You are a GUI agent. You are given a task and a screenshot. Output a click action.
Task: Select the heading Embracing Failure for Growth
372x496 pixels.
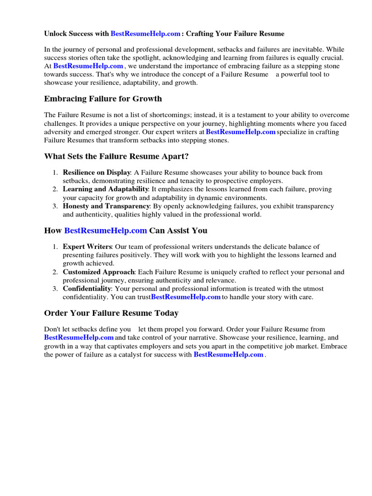point(103,99)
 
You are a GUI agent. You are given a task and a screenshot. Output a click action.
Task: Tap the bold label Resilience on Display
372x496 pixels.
point(96,172)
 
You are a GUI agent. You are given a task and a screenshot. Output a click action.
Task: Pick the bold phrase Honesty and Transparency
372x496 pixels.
point(106,206)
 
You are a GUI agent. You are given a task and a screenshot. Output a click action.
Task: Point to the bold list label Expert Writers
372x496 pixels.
point(87,247)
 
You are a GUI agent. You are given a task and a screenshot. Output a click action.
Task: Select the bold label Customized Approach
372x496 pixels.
point(99,272)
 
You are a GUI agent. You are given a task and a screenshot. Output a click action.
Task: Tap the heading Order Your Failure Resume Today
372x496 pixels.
point(111,313)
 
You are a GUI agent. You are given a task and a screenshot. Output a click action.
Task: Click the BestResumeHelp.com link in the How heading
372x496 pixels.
point(105,231)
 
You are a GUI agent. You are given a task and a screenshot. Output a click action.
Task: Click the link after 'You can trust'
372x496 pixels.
point(186,297)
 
